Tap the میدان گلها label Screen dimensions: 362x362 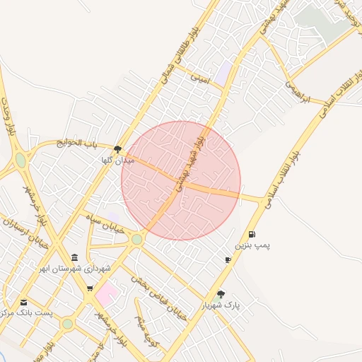click(117, 160)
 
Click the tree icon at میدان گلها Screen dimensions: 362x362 click(117, 149)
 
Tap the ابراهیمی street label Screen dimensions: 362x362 click(297, 91)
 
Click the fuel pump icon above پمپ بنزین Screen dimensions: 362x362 click(252, 235)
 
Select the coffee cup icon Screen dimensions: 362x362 click(228, 260)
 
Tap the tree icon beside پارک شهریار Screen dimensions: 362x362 click(221, 294)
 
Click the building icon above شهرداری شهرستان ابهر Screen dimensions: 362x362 click(75, 257)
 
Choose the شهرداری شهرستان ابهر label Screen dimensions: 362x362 click(76, 269)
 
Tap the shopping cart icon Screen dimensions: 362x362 click(90, 288)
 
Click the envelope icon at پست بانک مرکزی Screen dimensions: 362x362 click(23, 302)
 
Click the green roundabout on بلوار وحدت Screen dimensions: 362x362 click(21, 160)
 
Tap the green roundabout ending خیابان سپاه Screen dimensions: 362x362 click(136, 240)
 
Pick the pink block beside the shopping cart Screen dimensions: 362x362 click(107, 293)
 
